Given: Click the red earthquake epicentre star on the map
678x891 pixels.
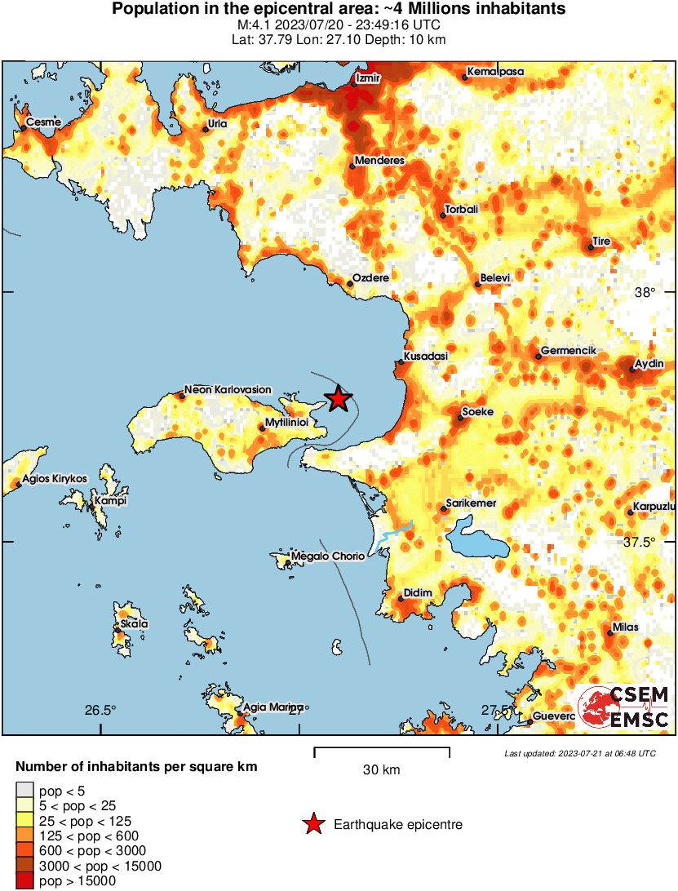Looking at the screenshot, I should [x=338, y=399].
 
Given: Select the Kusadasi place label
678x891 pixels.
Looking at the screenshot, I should [x=427, y=357].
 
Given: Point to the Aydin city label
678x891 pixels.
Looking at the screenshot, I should [x=649, y=363].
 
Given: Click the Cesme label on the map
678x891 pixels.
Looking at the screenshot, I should [x=43, y=122].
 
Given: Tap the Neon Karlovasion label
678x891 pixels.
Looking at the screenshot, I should [x=228, y=390].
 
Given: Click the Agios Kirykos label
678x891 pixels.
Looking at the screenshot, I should [x=55, y=478].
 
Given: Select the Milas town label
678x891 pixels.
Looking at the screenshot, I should [x=625, y=627].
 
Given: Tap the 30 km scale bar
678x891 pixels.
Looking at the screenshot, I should [x=382, y=748].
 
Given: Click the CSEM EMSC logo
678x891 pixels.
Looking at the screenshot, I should [x=624, y=707].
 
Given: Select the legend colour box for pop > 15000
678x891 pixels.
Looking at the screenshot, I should [x=25, y=880].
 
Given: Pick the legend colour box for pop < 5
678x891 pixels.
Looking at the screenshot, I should [x=25, y=789].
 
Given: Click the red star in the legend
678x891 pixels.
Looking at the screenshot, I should [x=312, y=825].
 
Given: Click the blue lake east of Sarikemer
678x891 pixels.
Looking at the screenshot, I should [x=477, y=543].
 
